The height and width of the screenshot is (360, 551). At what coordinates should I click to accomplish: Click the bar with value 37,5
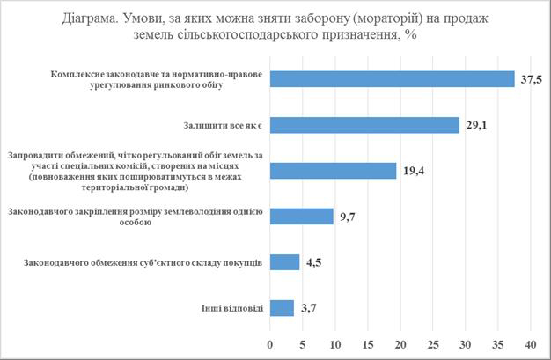click(392, 79)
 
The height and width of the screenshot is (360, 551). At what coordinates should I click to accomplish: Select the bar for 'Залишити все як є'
click(364, 125)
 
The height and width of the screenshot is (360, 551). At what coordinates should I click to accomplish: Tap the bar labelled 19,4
click(333, 171)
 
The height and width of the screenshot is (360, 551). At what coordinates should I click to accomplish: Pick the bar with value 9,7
click(301, 217)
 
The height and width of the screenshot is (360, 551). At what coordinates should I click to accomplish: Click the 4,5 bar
click(284, 262)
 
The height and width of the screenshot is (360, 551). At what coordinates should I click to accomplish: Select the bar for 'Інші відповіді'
click(282, 308)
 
